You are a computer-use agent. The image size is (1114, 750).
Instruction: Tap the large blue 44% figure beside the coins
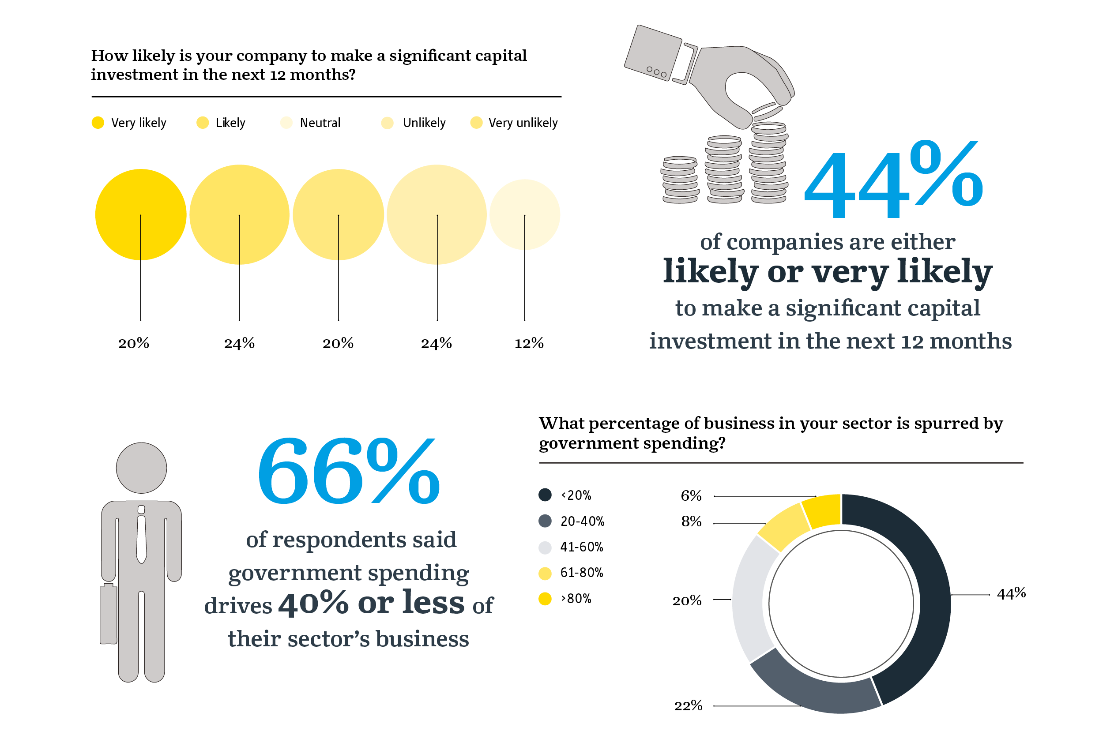[x=892, y=181]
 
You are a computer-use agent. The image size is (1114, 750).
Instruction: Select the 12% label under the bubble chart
[x=529, y=343]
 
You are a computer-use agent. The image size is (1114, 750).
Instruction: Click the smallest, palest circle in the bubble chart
[x=524, y=214]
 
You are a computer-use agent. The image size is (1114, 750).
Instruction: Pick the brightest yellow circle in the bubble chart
[x=141, y=214]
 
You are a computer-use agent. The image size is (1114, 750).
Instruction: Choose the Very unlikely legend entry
[x=515, y=123]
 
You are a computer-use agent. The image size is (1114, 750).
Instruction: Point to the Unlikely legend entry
[x=414, y=123]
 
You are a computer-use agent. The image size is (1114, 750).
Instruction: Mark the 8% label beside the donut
[x=691, y=521]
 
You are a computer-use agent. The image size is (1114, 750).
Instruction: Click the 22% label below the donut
[x=688, y=705]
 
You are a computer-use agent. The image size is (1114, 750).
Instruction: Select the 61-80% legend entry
[x=572, y=573]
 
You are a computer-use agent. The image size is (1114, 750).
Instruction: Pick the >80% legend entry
[x=566, y=598]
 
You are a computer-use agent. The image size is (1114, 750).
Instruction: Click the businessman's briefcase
[x=108, y=614]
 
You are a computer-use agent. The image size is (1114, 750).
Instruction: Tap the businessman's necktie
[x=141, y=538]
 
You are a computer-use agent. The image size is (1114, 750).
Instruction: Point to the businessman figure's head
[x=141, y=468]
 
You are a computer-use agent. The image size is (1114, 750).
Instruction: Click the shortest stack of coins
[x=680, y=180]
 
